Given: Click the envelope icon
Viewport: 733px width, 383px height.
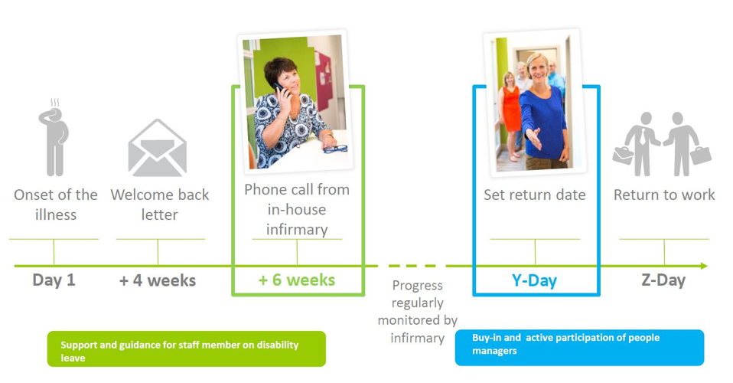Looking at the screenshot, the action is [158, 148].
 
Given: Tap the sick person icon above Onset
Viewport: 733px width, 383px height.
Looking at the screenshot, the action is [54, 137].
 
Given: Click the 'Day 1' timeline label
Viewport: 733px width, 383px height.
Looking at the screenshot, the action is [54, 280].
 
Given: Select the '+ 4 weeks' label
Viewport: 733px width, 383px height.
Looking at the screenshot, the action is [158, 280].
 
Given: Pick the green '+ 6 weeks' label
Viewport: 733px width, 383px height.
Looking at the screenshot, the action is [297, 280].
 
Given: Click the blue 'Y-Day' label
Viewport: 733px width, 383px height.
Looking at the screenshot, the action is [534, 280].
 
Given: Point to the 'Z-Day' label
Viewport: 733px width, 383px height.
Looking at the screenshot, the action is [663, 280].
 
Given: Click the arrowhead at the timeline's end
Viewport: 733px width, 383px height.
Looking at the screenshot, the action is [704, 266].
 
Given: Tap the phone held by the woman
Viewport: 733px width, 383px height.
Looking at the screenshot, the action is [279, 88].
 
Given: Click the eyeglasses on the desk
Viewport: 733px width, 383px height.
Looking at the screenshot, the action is [335, 149].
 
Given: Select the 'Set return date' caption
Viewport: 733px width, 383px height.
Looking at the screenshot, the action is [534, 195].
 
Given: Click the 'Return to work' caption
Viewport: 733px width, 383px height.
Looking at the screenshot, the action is [664, 195].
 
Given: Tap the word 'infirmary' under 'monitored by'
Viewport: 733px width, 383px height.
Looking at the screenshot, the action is [418, 338].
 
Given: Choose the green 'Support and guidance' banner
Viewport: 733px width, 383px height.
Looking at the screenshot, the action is [187, 349].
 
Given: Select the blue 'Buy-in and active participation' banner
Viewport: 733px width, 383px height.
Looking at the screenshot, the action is [579, 348].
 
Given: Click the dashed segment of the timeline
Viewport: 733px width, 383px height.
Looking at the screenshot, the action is [412, 266].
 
